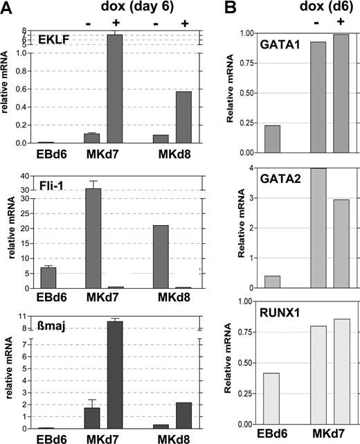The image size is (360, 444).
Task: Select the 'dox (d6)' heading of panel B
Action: [x=308, y=9]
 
